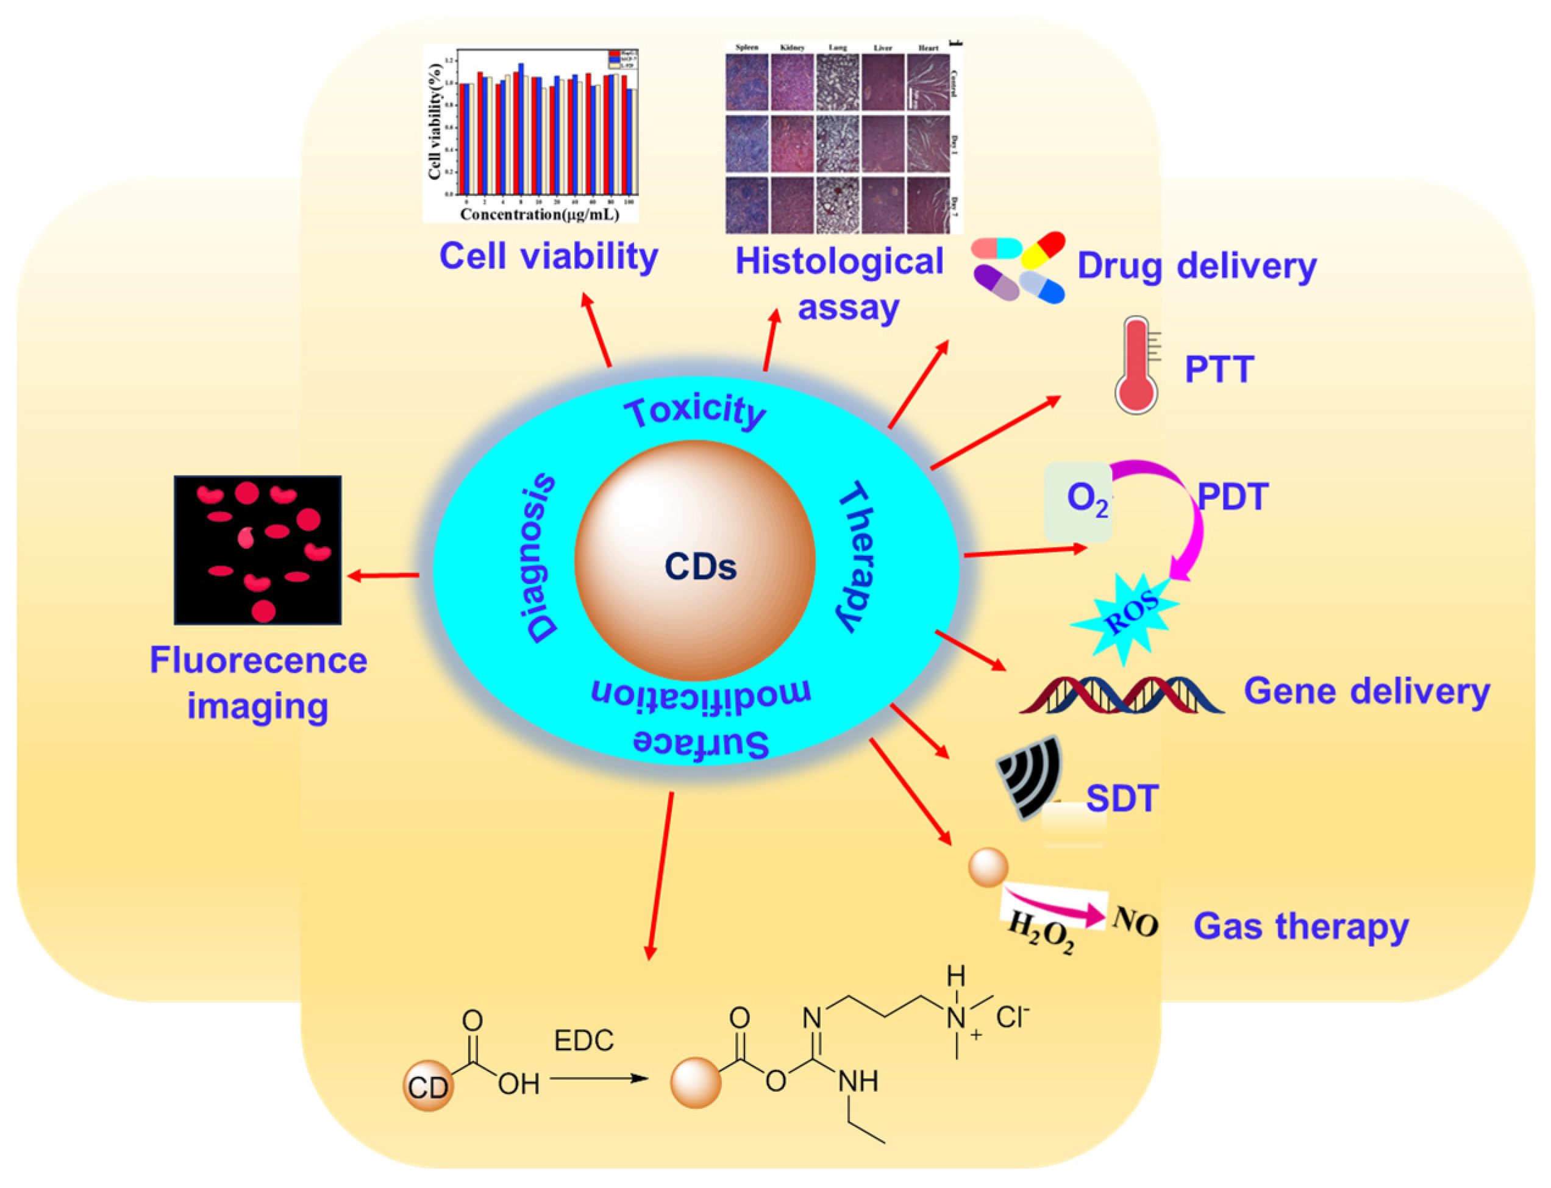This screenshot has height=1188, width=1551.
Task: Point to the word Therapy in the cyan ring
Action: (858, 556)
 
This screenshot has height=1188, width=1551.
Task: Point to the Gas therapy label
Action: (1300, 927)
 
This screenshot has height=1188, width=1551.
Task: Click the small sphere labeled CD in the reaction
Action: (427, 1086)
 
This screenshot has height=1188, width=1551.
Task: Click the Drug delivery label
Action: (1196, 266)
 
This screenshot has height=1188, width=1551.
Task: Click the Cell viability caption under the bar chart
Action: (548, 256)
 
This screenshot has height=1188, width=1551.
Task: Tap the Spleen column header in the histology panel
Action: (747, 48)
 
